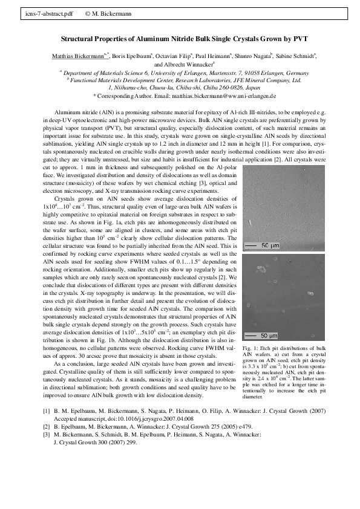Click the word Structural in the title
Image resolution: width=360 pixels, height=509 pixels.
(x=80, y=38)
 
